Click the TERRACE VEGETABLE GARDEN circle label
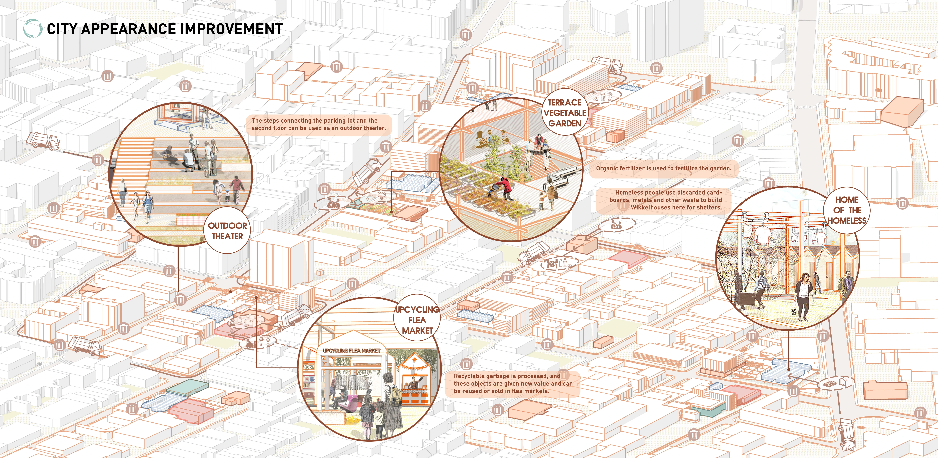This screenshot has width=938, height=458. [x=565, y=113]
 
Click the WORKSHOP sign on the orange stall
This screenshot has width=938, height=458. [x=415, y=391]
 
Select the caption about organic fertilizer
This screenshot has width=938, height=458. [x=663, y=168]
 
